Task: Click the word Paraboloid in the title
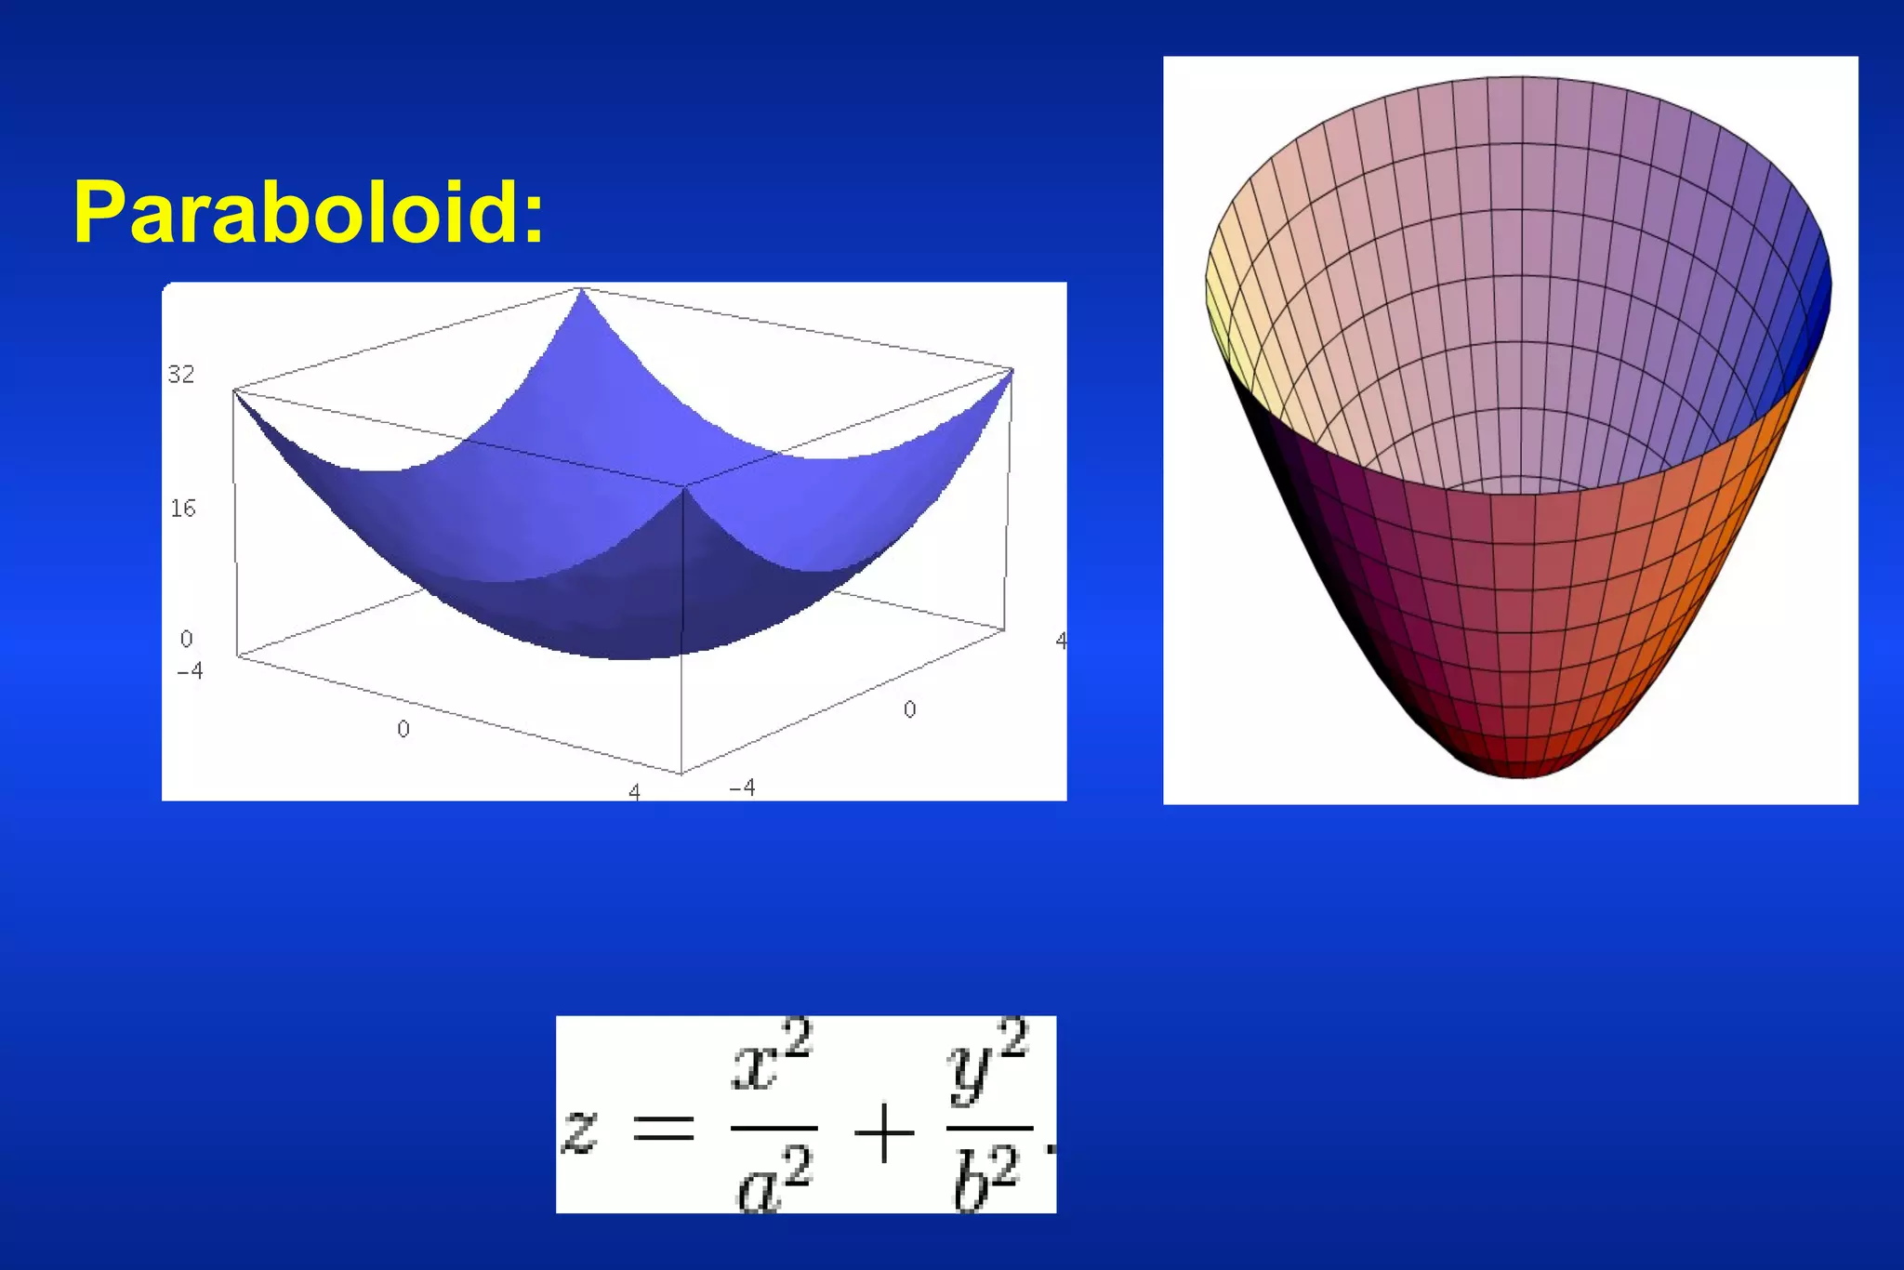coord(294,212)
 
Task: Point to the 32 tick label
coord(181,375)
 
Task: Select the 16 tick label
coord(183,509)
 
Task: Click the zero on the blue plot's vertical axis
coord(187,640)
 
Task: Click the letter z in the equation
coord(579,1132)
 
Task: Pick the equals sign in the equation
coord(663,1129)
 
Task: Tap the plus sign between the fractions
coord(883,1133)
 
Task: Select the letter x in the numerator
coord(754,1068)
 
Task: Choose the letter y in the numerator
coord(972,1074)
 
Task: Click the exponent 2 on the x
coord(798,1038)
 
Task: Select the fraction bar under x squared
coord(773,1129)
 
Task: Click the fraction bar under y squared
coord(989,1129)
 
